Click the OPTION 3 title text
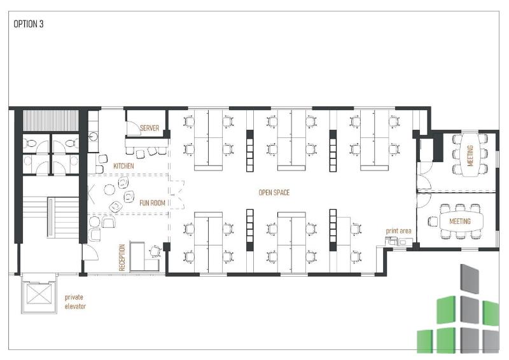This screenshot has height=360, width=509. (28, 24)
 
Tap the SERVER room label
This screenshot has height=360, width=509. (150, 128)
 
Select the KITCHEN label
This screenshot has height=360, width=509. (123, 166)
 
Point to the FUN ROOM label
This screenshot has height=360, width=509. (152, 203)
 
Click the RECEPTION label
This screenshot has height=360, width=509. (122, 258)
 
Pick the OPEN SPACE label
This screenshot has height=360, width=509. (274, 193)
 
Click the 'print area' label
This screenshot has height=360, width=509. (398, 231)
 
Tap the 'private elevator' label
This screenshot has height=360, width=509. (75, 301)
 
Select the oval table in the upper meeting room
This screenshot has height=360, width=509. (470, 155)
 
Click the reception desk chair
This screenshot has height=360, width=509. (155, 252)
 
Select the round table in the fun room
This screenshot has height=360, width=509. (109, 190)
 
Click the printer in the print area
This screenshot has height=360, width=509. (390, 241)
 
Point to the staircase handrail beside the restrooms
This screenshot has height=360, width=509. (51, 217)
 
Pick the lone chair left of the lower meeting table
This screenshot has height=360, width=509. (433, 222)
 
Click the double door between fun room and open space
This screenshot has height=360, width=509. (177, 195)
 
